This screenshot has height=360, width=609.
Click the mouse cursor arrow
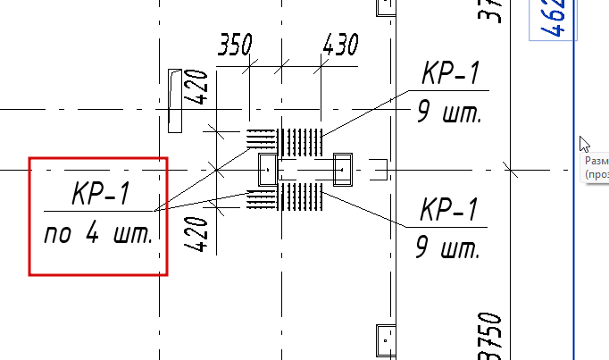click(x=584, y=145)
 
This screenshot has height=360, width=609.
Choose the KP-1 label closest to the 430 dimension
click(x=453, y=75)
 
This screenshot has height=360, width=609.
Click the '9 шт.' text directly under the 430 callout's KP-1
click(x=448, y=113)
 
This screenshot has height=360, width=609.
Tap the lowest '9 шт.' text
click(x=448, y=247)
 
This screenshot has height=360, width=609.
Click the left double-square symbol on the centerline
click(x=265, y=168)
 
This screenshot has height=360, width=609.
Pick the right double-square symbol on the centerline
click(x=344, y=168)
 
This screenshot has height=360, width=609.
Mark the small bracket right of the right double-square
click(x=379, y=168)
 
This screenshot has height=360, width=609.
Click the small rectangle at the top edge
click(x=386, y=7)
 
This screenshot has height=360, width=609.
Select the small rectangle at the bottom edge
click(x=386, y=339)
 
